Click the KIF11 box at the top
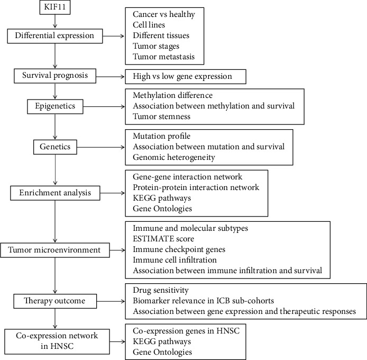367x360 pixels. [x=56, y=9]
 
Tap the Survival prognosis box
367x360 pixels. [x=56, y=76]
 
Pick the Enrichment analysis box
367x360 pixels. [x=56, y=193]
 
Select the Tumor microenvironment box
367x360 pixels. [x=56, y=249]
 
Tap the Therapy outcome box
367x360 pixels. [x=56, y=301]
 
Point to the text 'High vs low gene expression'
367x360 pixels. [x=179, y=77]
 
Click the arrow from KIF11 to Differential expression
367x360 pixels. [x=56, y=22]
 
